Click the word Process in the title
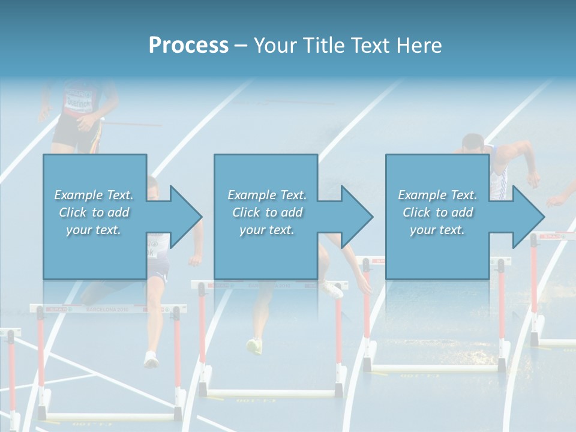(x=188, y=45)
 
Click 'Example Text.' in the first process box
(x=94, y=195)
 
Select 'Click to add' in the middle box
(x=267, y=212)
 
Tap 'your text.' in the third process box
(x=437, y=230)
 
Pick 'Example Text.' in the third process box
(x=437, y=195)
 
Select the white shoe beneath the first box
(x=151, y=359)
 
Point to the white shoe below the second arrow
(x=332, y=289)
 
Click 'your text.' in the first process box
(x=94, y=230)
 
